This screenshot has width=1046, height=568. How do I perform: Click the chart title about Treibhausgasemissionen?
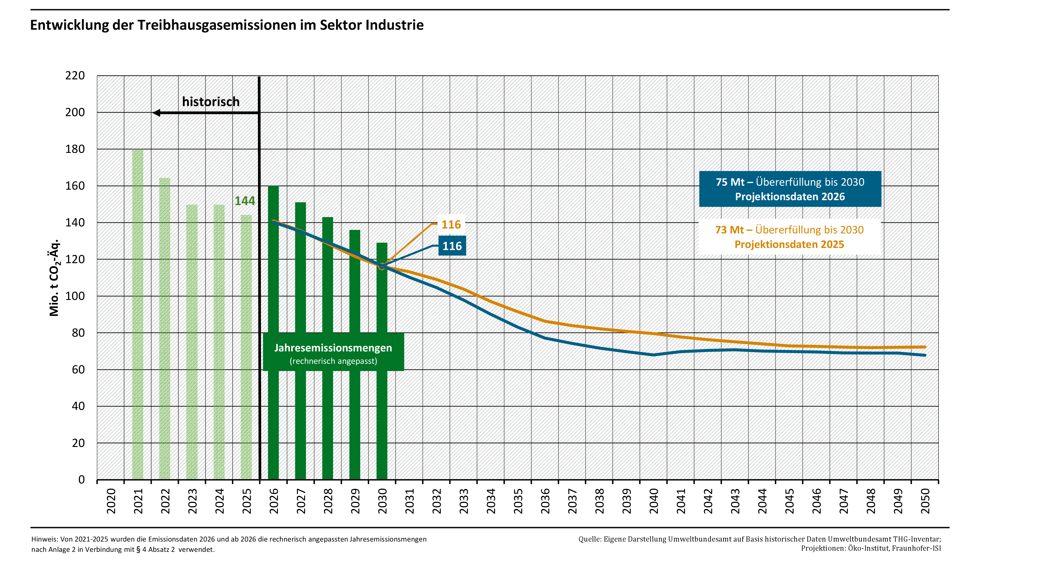[x=226, y=25]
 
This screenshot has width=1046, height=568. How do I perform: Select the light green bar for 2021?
[x=138, y=313]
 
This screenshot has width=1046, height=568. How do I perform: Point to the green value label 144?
[x=245, y=201]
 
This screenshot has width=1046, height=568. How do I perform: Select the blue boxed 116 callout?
[x=452, y=246]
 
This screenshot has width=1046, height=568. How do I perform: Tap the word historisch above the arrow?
[x=211, y=102]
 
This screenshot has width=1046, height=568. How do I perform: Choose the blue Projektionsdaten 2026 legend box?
[x=790, y=189]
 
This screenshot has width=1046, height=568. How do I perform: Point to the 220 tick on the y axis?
[x=75, y=76]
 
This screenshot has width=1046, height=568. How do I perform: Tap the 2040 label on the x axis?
[x=654, y=501]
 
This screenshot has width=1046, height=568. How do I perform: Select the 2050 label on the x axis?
[x=925, y=501]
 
